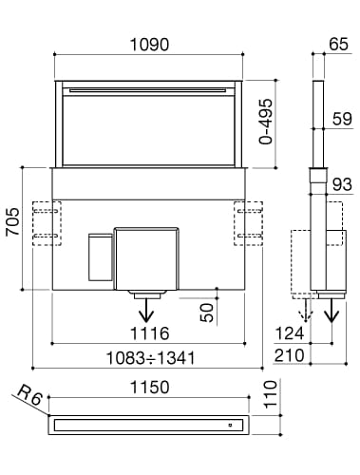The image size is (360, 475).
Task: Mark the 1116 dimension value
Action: (x=149, y=333)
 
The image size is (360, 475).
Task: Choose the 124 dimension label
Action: (x=291, y=333)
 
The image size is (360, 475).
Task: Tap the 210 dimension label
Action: (x=291, y=356)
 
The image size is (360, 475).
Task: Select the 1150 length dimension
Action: (x=149, y=388)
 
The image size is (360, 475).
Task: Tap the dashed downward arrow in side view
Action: (x=303, y=311)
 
